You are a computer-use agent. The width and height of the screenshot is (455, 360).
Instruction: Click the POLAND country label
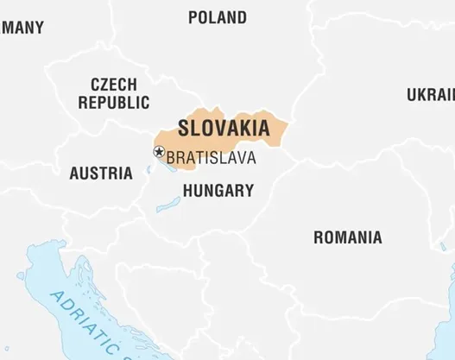[x=217, y=17]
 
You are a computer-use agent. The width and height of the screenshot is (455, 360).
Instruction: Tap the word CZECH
[x=113, y=85]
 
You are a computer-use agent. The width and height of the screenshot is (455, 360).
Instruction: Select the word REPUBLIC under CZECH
[x=114, y=102]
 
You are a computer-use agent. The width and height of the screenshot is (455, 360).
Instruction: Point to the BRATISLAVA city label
[x=211, y=158]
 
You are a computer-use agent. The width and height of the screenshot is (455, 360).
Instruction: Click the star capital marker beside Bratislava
[x=159, y=152]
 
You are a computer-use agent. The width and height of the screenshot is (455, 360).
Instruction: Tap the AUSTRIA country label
[x=101, y=174]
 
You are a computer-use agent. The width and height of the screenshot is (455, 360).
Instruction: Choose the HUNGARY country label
[x=218, y=191]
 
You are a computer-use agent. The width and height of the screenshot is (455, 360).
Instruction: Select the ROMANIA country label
[x=347, y=237]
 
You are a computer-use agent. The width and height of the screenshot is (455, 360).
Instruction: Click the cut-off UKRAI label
[x=431, y=95]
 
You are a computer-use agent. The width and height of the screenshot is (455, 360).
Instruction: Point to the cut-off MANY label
[x=22, y=28]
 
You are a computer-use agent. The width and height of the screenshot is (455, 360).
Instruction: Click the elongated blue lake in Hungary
[x=168, y=205]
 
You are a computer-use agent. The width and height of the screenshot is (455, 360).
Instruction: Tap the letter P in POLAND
[x=193, y=17]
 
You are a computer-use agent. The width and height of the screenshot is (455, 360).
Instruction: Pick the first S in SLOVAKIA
[x=183, y=128]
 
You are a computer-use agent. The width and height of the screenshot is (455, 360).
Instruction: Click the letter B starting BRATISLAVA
[x=170, y=158]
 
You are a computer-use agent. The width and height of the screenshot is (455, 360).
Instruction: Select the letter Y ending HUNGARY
[x=249, y=191]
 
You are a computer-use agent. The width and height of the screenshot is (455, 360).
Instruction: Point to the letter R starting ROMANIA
[x=318, y=237]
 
